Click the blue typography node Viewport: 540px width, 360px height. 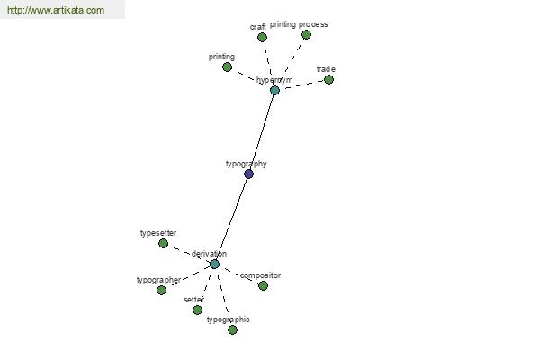pos(248,174)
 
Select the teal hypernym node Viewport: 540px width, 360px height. pos(274,91)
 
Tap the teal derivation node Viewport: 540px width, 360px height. pos(214,265)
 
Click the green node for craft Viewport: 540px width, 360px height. pos(262,37)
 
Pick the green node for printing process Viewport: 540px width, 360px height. pos(306,34)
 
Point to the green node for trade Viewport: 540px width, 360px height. pos(328,79)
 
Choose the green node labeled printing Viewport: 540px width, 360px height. pos(227,67)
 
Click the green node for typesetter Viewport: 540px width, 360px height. pos(163,244)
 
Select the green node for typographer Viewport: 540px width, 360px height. pos(161,290)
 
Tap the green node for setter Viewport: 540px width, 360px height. pos(197,310)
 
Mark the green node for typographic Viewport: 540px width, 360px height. pos(232,329)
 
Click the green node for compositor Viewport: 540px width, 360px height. pos(263,285)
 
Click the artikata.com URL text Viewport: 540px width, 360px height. pos(56,10)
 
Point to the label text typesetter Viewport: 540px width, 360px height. pos(158,234)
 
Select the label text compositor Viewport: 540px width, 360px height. pos(261,275)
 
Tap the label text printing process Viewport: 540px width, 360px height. pos(299,24)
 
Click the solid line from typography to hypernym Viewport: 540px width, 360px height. pos(262,132)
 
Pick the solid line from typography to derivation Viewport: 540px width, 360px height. pos(232,219)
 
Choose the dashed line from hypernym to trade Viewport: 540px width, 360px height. pos(301,85)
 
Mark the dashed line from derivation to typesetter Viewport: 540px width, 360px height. pos(189,254)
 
